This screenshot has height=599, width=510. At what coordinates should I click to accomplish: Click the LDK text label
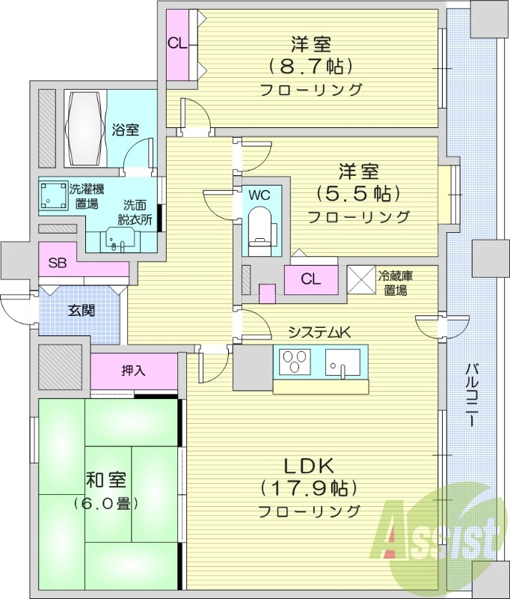pyautogui.click(x=310, y=465)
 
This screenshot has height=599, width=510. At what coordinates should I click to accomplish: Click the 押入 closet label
pyautogui.click(x=133, y=371)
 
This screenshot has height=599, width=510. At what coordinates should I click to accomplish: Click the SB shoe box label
pyautogui.click(x=57, y=263)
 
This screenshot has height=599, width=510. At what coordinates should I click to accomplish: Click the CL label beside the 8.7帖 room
pyautogui.click(x=176, y=43)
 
